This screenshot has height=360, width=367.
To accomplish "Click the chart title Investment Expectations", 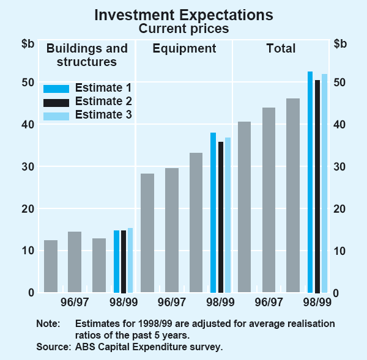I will [x=183, y=15].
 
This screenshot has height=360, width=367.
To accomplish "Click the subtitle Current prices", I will [x=183, y=28].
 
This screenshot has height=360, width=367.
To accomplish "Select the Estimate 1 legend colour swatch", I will [x=56, y=87].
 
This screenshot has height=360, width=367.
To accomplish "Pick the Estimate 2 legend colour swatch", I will [x=56, y=101].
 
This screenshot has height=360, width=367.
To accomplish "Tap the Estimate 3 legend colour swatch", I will [x=56, y=114].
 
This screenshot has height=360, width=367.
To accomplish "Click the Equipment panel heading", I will [x=184, y=48].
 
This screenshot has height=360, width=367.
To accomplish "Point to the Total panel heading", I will [x=281, y=48].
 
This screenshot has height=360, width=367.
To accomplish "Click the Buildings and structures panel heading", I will [x=87, y=55].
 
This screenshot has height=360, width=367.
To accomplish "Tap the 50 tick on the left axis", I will [x=28, y=83].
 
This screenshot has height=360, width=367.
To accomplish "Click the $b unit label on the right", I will [x=340, y=43].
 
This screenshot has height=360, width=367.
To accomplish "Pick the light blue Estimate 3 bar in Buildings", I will [x=130, y=260].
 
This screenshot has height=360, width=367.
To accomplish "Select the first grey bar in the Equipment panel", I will [x=147, y=233].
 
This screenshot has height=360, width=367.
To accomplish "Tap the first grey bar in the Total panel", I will [x=245, y=207].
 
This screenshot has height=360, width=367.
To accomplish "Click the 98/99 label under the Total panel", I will [x=317, y=302].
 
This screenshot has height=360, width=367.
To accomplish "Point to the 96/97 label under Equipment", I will [x=172, y=302].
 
